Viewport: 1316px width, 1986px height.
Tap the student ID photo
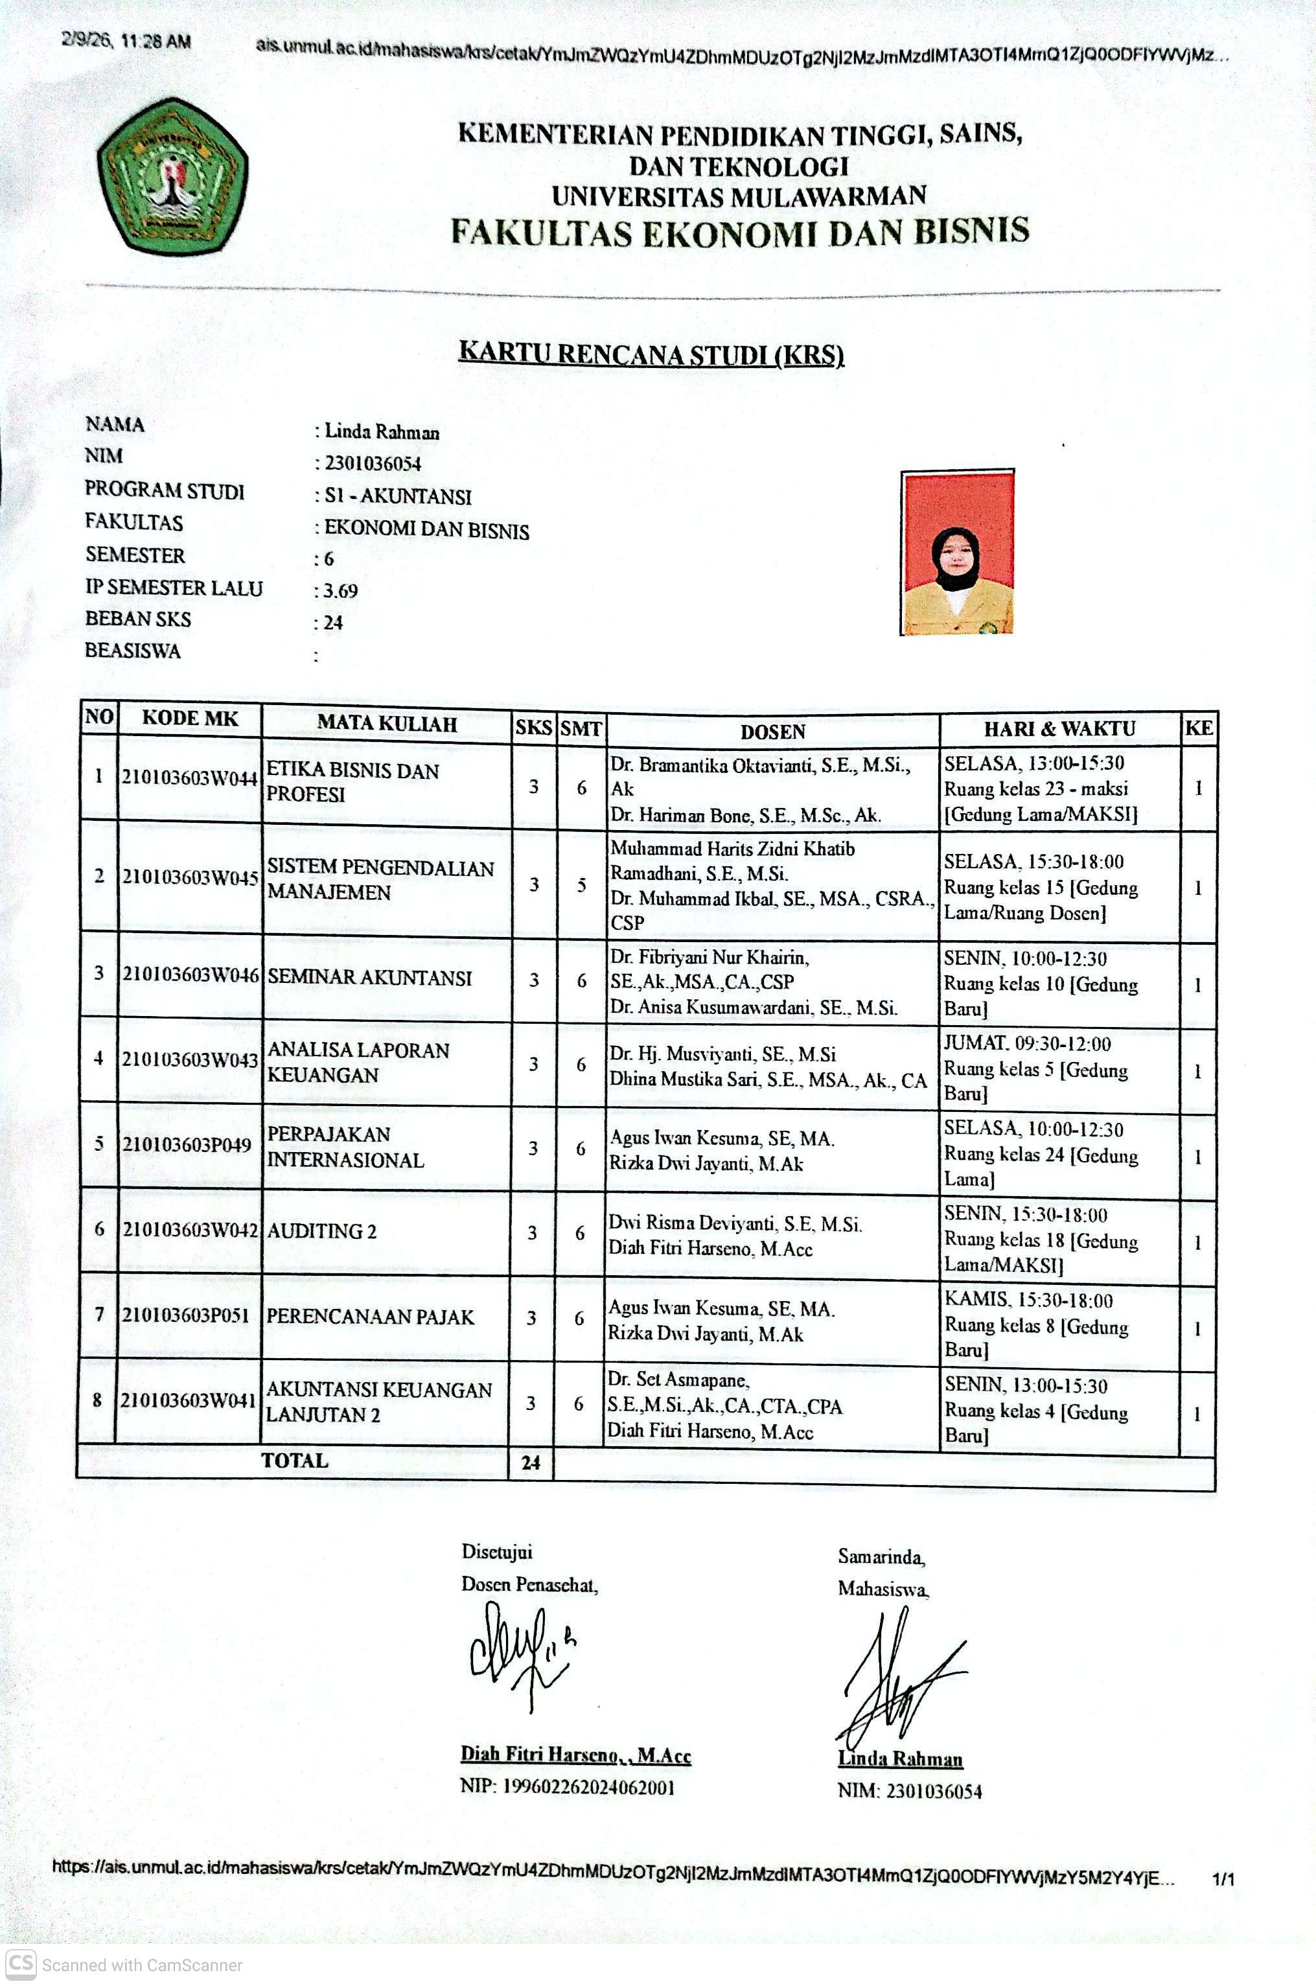(x=957, y=552)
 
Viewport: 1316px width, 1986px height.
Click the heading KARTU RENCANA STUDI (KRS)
(x=651, y=353)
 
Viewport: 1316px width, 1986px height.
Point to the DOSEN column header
(x=772, y=732)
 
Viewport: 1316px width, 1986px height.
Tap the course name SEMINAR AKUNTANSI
(x=369, y=978)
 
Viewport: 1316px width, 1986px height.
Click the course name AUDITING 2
(x=321, y=1231)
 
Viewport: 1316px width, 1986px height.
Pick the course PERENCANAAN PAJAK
(x=370, y=1317)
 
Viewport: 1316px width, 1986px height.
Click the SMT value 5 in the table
(x=581, y=885)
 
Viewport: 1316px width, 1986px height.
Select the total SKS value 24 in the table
(x=531, y=1462)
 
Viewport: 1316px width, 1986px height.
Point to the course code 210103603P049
(x=187, y=1144)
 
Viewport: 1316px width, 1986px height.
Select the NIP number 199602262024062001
(x=588, y=1787)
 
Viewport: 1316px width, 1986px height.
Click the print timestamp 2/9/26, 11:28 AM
(x=126, y=41)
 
